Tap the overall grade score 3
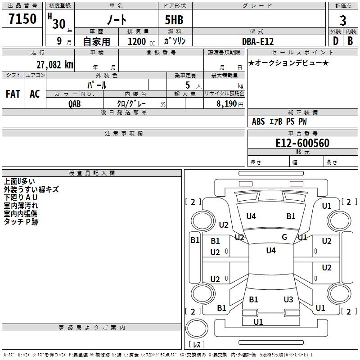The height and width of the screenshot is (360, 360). [x=343, y=21]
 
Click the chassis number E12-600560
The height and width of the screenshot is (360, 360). [x=302, y=144]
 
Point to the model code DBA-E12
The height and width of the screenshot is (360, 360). [x=258, y=41]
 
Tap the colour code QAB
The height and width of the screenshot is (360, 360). [x=75, y=103]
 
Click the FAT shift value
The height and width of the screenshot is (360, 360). [x=13, y=94]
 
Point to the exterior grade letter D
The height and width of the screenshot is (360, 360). [x=335, y=41]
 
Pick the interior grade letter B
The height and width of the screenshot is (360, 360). [x=350, y=41]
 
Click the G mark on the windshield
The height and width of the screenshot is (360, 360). [x=284, y=237]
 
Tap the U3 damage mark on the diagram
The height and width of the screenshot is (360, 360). [x=288, y=300]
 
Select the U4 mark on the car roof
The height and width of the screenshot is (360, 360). [x=270, y=251]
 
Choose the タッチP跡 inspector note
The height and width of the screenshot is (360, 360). [x=21, y=222]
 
